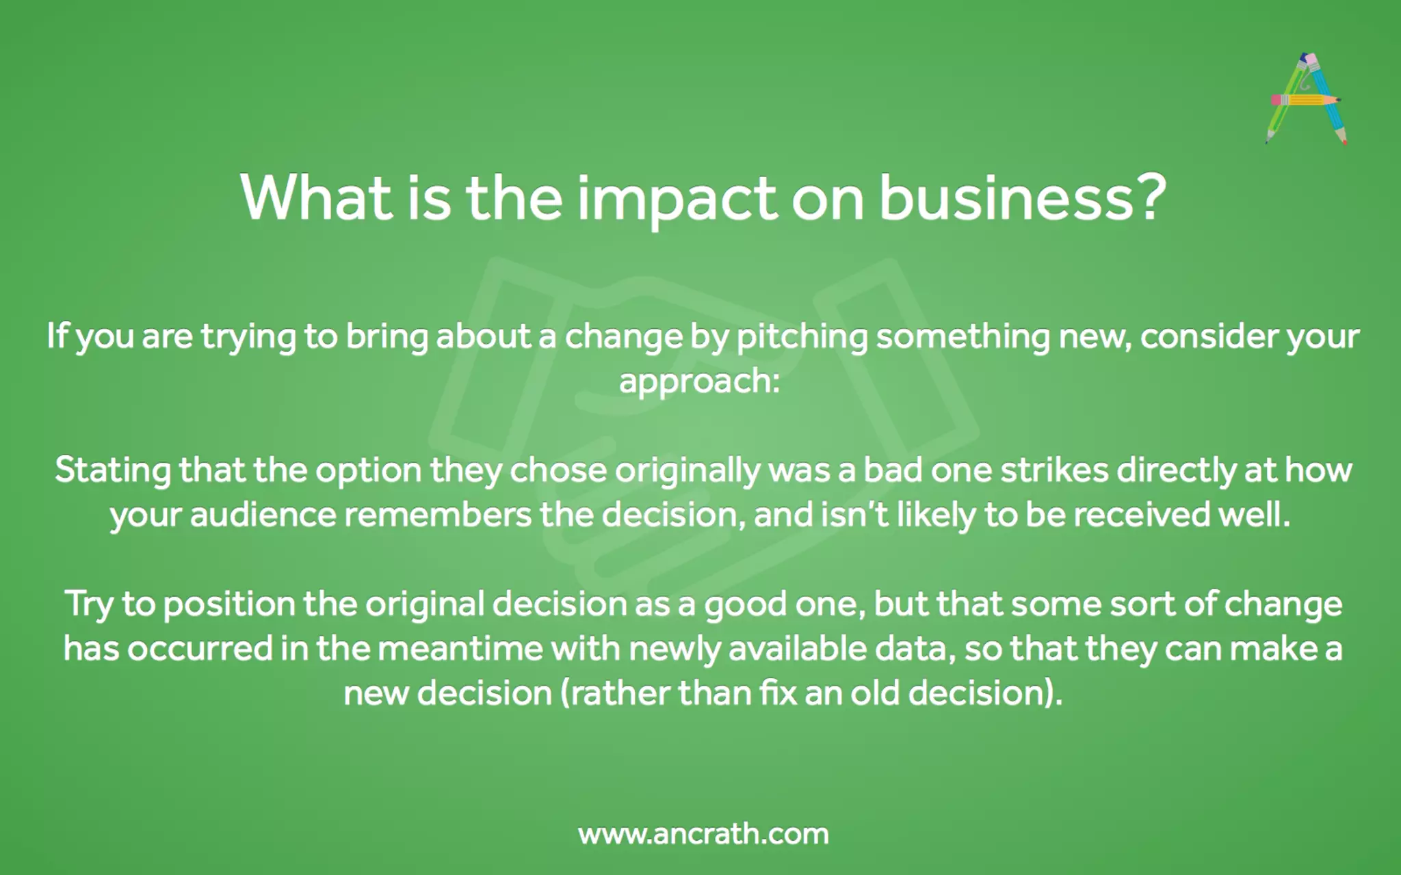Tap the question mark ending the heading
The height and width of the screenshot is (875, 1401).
pyautogui.click(x=1150, y=198)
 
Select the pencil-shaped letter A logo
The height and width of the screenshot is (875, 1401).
pyautogui.click(x=1306, y=99)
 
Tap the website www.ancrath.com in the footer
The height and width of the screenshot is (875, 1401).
pyautogui.click(x=703, y=834)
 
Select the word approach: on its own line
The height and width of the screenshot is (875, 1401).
pyautogui.click(x=700, y=381)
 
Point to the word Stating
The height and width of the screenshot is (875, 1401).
pyautogui.click(x=113, y=471)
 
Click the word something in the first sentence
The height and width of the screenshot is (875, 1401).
pyautogui.click(x=963, y=337)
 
